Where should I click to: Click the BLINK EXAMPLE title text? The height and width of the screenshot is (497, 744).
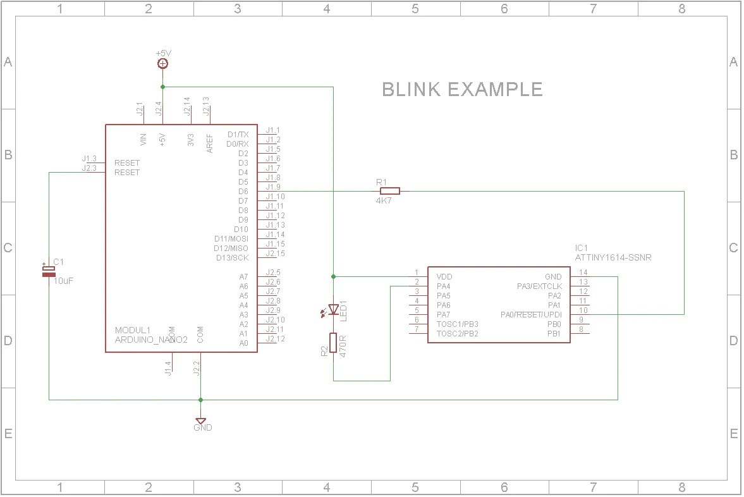(x=462, y=89)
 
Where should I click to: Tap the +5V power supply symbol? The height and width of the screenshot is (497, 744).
(x=162, y=63)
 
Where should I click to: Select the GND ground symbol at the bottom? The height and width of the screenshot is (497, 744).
(x=200, y=420)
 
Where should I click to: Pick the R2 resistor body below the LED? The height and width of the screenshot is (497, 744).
(x=333, y=345)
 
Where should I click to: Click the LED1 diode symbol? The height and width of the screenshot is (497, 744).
(x=333, y=310)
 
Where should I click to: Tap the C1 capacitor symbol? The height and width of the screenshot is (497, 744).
(x=49, y=271)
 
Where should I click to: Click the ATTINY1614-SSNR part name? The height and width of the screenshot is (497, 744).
(x=613, y=258)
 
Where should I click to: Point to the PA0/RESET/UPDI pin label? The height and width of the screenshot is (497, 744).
(x=530, y=315)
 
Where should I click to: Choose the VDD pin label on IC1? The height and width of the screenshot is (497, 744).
(x=444, y=277)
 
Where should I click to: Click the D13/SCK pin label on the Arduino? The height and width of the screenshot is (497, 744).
(x=232, y=258)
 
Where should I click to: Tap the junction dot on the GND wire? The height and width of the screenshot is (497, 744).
(x=200, y=400)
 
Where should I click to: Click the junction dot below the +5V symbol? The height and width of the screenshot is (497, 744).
(x=162, y=86)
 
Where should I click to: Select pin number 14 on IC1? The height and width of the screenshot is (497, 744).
(x=583, y=273)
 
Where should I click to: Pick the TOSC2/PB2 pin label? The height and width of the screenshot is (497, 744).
(x=457, y=334)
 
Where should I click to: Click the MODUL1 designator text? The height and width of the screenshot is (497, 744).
(x=132, y=330)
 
